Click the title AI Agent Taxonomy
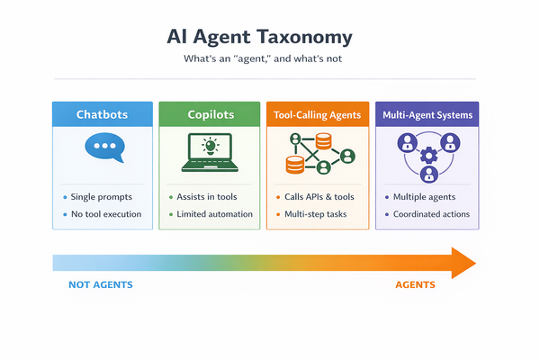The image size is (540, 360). (x=260, y=38)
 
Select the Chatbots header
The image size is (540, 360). (x=102, y=114)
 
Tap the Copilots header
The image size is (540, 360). (x=210, y=114)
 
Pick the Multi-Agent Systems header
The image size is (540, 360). (x=427, y=114)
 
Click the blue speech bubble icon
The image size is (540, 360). (x=102, y=148)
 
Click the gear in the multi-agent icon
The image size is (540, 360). (x=427, y=155)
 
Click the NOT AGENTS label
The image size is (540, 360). (x=101, y=285)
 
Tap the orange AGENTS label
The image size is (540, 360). (x=415, y=285)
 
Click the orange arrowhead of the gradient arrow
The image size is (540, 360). (x=462, y=263)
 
